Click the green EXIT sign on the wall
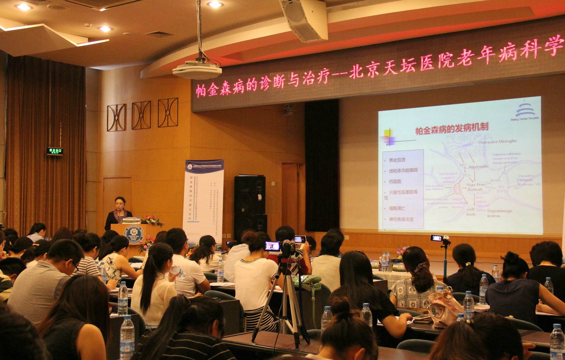(55, 151)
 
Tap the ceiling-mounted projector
(197, 70)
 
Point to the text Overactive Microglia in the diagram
(497, 142)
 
